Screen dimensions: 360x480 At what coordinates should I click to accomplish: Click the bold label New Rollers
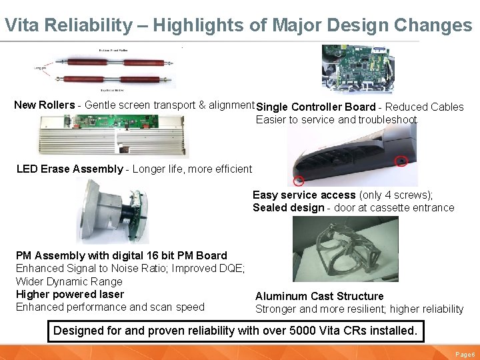[45, 105]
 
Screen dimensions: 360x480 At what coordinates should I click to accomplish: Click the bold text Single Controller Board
[316, 107]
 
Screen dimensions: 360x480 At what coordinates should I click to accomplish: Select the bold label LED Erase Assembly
[69, 169]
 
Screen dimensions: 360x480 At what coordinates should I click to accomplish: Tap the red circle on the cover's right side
[401, 161]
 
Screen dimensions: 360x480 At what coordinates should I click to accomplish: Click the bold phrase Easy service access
[304, 195]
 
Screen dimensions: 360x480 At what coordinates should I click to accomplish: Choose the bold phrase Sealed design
[287, 207]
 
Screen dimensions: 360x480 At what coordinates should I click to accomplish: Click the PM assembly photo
[111, 211]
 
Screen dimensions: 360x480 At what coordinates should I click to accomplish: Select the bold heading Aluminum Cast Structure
[319, 296]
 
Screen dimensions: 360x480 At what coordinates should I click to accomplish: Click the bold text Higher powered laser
[69, 294]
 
